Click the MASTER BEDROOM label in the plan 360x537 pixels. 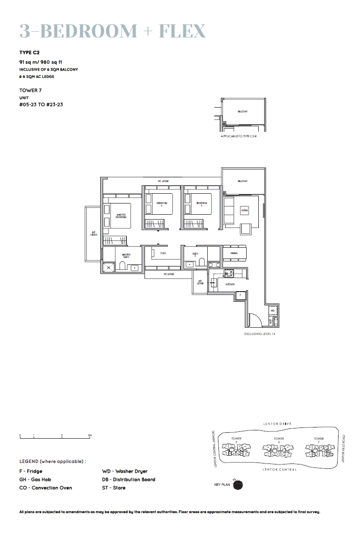coord(121,216)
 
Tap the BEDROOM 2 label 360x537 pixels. coord(162,204)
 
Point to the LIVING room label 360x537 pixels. coord(244,210)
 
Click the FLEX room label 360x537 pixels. coord(163,254)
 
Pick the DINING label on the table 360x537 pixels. coord(234,253)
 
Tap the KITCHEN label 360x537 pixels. coord(230,284)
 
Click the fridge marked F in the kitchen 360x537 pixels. coord(239,295)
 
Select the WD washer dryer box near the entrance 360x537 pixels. coord(272,310)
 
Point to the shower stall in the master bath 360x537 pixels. coord(108,267)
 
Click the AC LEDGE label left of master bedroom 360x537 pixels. coord(93,234)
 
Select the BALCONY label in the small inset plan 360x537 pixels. coord(243,111)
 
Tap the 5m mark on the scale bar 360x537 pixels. coord(90,435)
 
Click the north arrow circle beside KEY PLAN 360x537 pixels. coord(238,485)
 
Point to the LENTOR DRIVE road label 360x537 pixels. coord(277,424)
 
